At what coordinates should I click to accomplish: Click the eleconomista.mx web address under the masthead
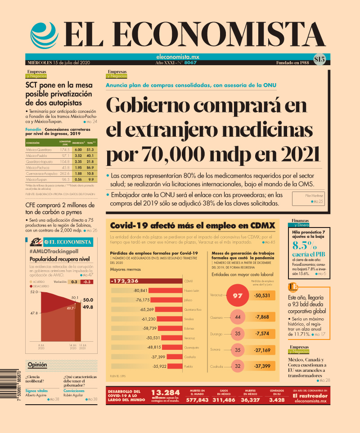[x=177, y=57]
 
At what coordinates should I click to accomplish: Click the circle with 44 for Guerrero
[x=237, y=317]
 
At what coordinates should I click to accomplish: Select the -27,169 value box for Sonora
[x=262, y=350]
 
